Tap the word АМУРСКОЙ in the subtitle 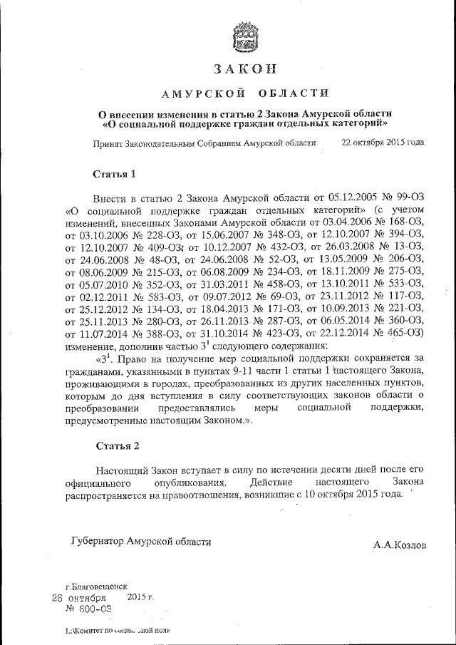coord(194,93)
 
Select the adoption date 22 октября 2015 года coord(383,142)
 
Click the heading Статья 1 coord(115,174)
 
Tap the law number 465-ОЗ coord(407,332)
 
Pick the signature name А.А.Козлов coord(399,545)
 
